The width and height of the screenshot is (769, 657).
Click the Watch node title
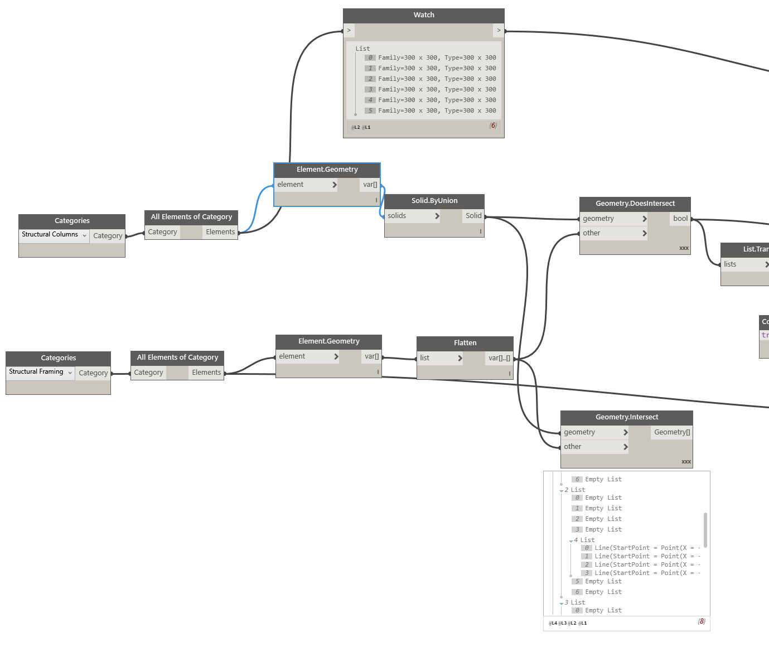[424, 15]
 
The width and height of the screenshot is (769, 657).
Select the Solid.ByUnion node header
[434, 201]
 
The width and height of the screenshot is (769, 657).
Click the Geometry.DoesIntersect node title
[635, 204]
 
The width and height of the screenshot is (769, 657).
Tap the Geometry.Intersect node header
[627, 417]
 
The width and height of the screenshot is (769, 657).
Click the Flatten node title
[465, 343]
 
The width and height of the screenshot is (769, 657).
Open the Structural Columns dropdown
[54, 235]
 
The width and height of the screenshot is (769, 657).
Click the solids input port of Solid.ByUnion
[412, 216]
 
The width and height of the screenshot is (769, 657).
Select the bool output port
[680, 219]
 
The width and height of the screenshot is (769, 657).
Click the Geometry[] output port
[671, 432]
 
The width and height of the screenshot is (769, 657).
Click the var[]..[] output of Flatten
[499, 358]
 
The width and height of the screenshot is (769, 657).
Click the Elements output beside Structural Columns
[220, 232]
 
